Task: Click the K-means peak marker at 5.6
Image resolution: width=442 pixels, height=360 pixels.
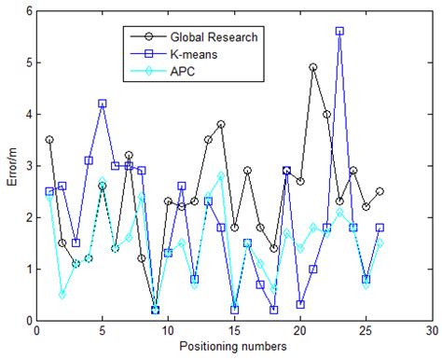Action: [339, 31]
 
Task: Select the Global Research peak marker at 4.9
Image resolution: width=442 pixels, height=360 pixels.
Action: [313, 67]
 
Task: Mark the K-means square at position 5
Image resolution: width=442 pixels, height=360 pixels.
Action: [102, 104]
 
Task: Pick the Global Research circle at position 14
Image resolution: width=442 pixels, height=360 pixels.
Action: [221, 124]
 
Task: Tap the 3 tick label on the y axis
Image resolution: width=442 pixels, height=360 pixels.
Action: [25, 165]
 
